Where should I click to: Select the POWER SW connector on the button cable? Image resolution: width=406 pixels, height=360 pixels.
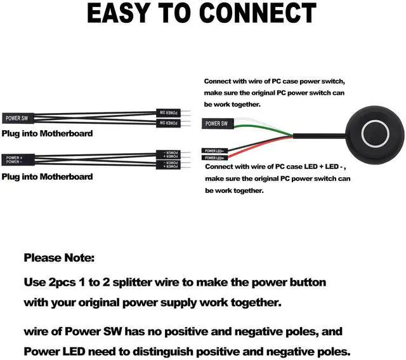pos(216,124)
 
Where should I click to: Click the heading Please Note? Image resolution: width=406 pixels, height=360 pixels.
pos(59,258)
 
